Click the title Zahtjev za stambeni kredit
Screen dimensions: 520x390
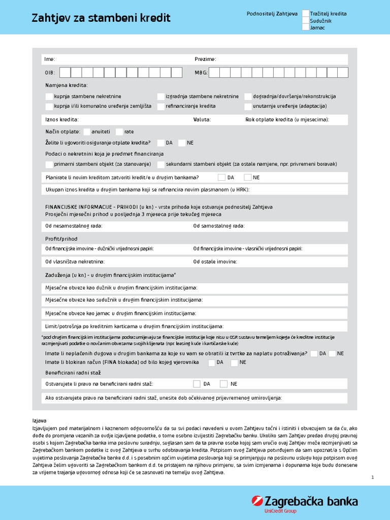(101, 19)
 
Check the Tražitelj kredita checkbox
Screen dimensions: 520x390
(306, 14)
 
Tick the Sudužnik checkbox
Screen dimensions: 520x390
(306, 21)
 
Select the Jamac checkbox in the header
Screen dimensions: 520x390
(306, 27)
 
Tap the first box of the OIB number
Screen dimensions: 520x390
(64, 73)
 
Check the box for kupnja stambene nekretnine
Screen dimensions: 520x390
(49, 96)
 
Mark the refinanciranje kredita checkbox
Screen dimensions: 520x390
(161, 107)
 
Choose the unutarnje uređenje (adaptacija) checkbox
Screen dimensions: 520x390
(248, 107)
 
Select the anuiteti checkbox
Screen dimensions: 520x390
(86, 132)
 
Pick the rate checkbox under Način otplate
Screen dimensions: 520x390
(120, 132)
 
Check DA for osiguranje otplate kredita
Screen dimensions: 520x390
(161, 143)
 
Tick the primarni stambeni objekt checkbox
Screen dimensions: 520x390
(49, 165)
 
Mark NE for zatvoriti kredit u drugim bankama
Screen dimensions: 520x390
(248, 178)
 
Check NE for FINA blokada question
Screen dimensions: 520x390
(234, 363)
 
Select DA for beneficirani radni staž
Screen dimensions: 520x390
(197, 384)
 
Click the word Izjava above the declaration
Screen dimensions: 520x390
(39, 421)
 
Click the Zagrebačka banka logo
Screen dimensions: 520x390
(305, 503)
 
